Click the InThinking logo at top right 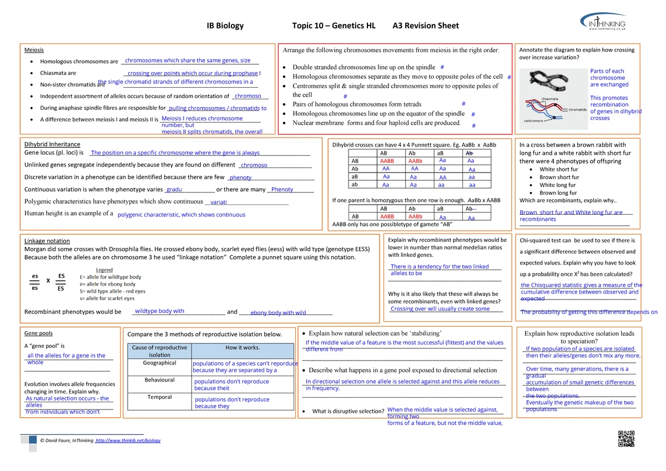(604, 24)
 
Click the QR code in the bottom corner (625, 438)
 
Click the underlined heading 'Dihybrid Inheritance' (52, 144)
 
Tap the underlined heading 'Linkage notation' (47, 241)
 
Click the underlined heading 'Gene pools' (38, 333)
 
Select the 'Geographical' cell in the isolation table (159, 363)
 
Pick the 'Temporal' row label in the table (159, 397)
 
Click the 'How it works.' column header (242, 348)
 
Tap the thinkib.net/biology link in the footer (128, 440)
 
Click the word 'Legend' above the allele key (104, 270)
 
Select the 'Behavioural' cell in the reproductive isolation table (159, 380)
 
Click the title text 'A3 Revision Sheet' (425, 26)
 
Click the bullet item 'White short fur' (558, 169)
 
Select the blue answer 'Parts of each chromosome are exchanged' (609, 78)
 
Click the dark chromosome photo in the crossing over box (547, 83)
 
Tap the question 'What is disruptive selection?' (348, 411)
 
